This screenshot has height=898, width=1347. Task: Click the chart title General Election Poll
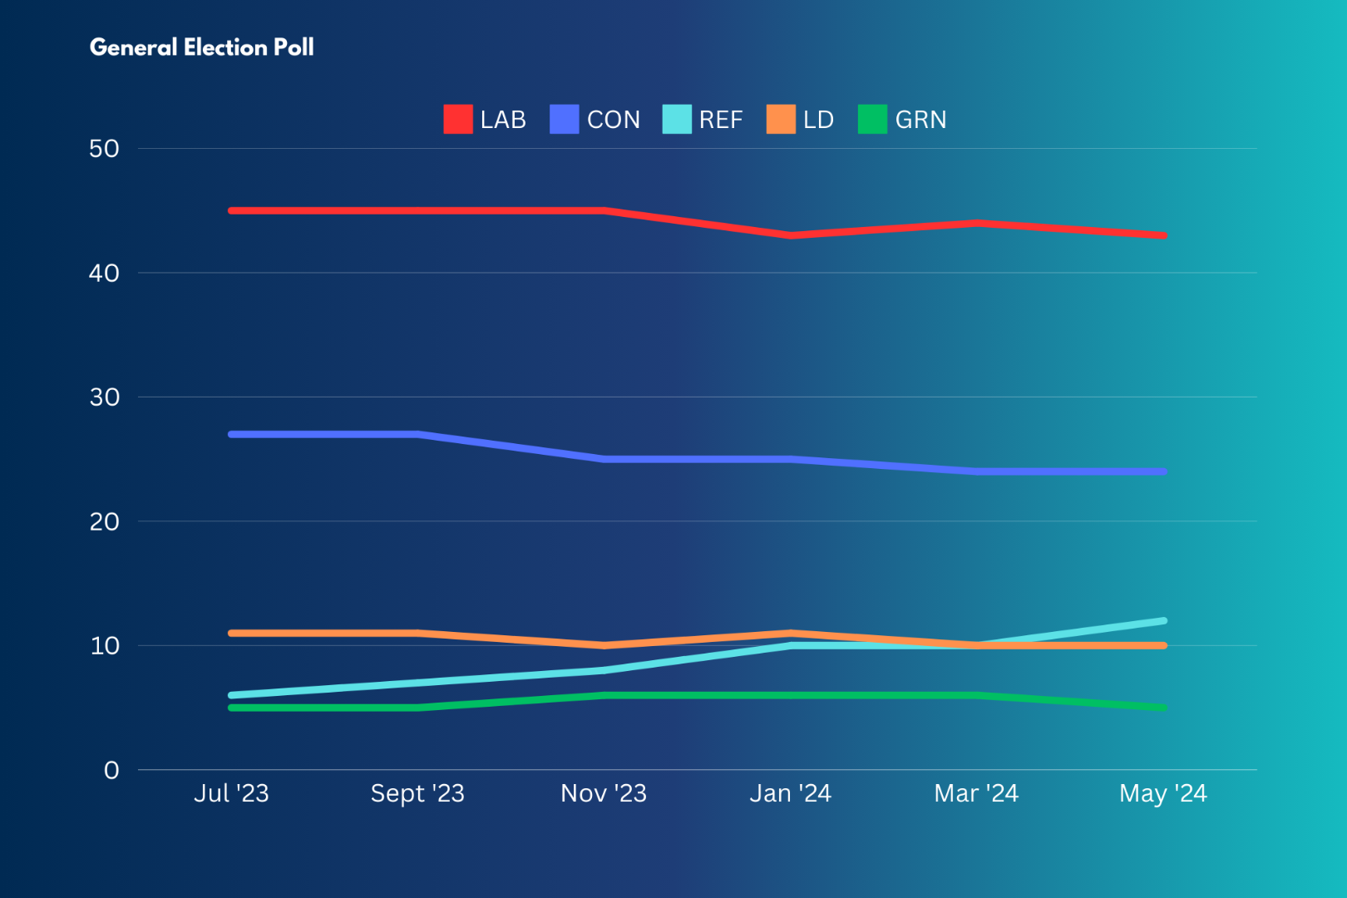(x=202, y=47)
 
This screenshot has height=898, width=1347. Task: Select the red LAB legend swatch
(x=457, y=119)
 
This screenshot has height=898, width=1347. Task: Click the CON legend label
(x=614, y=120)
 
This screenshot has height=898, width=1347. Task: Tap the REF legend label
(x=720, y=120)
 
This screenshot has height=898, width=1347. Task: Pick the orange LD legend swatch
(x=781, y=119)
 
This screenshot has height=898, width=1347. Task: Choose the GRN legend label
(x=920, y=120)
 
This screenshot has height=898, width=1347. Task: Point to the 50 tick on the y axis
(x=105, y=149)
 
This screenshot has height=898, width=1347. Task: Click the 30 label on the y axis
(x=105, y=397)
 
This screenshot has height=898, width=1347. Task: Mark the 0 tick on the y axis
(x=111, y=770)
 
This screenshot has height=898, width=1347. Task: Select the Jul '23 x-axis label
(x=231, y=793)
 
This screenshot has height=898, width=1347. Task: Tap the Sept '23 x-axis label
(x=417, y=793)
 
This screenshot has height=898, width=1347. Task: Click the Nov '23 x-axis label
(x=604, y=793)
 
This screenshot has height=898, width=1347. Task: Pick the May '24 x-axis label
(x=1162, y=793)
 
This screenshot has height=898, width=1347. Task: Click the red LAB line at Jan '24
(x=791, y=235)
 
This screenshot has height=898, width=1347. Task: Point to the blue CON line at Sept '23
(x=417, y=434)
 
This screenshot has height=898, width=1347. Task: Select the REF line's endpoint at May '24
(x=1162, y=621)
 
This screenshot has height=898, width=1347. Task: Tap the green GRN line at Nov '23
(x=604, y=695)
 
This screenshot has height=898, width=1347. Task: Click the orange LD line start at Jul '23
(x=232, y=634)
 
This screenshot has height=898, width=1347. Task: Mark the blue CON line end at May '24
(x=1162, y=471)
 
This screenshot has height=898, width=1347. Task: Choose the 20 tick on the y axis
(x=105, y=521)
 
